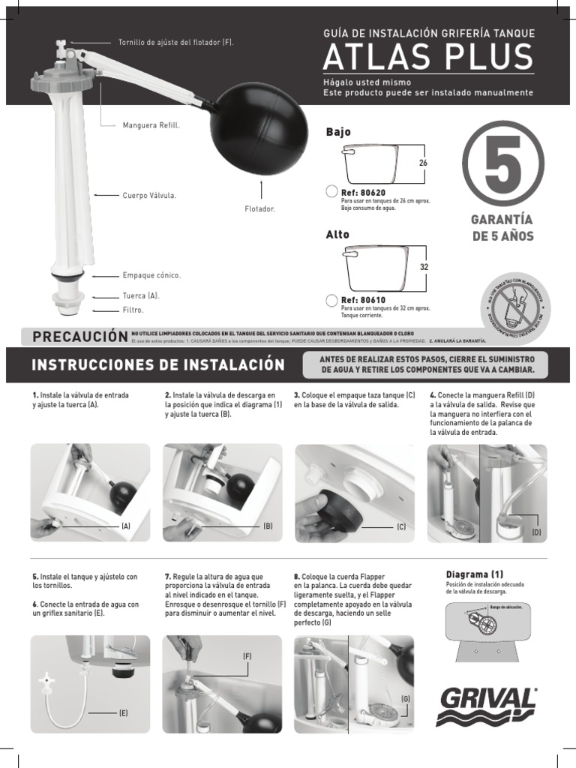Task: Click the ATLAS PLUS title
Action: (x=428, y=58)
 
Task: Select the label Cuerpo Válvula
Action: (x=149, y=195)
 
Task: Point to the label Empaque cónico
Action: (x=151, y=275)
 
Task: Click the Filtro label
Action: (x=133, y=309)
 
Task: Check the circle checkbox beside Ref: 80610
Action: (x=331, y=301)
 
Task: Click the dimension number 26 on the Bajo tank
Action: (x=423, y=163)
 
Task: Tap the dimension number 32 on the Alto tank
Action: (x=423, y=267)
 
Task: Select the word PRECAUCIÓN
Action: (x=77, y=337)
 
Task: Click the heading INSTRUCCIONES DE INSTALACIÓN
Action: (x=158, y=365)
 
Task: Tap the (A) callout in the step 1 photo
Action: (x=126, y=526)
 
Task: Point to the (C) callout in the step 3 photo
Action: (x=401, y=527)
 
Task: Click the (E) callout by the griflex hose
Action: (x=124, y=713)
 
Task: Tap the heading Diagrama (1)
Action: (x=475, y=574)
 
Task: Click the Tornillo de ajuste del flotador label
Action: (x=176, y=42)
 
